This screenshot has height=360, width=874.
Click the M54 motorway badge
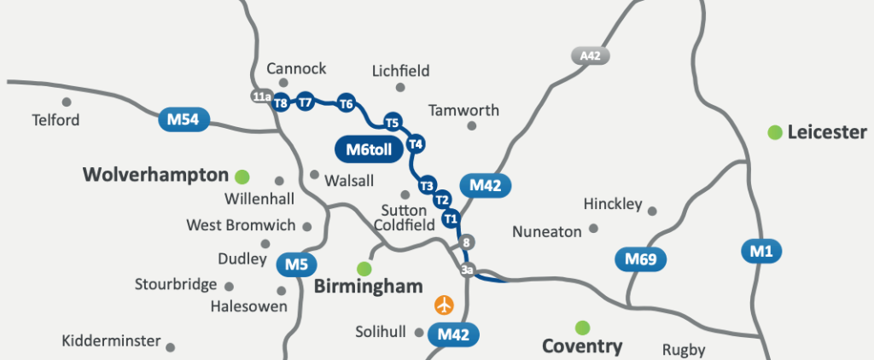point(184,120)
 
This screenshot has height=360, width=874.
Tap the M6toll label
point(368,148)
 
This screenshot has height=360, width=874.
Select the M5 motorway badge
point(296,264)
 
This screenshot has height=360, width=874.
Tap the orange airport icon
point(444,304)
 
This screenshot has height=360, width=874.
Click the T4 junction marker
point(416,143)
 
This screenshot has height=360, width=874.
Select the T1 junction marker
point(451,219)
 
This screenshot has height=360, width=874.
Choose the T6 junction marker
point(346,104)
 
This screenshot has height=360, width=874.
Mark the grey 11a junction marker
point(262,96)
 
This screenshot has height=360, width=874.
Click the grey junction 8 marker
point(466,243)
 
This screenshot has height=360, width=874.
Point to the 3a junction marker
point(467,270)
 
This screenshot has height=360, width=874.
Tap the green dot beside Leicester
point(774,132)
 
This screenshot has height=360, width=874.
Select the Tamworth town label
point(463,111)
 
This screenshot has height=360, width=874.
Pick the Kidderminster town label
point(111,341)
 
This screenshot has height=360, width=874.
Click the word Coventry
point(582,346)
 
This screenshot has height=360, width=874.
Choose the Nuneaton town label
point(547,231)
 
